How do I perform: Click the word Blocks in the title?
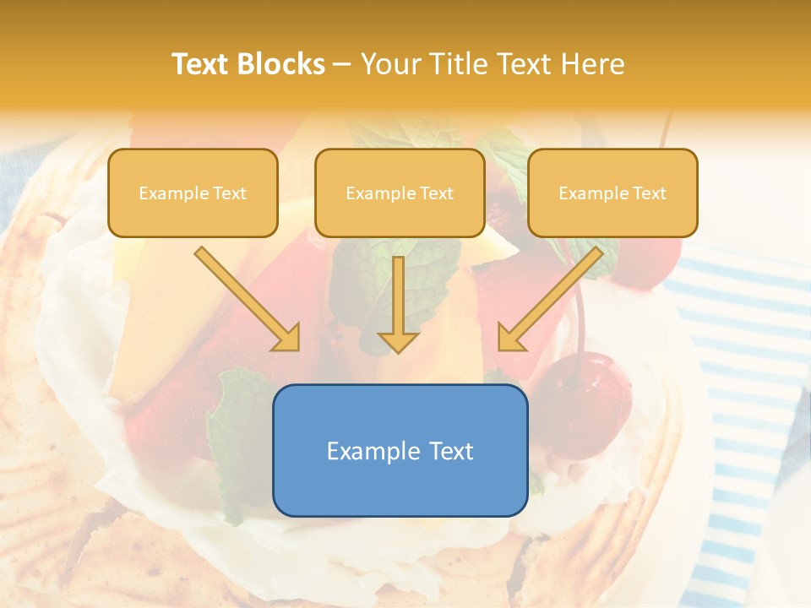(282, 64)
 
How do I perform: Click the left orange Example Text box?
(193, 193)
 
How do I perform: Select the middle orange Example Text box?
(400, 193)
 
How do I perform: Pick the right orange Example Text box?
(612, 193)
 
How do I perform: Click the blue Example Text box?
(400, 450)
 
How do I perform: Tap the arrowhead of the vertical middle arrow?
(398, 341)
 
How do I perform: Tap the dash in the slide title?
(342, 65)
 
